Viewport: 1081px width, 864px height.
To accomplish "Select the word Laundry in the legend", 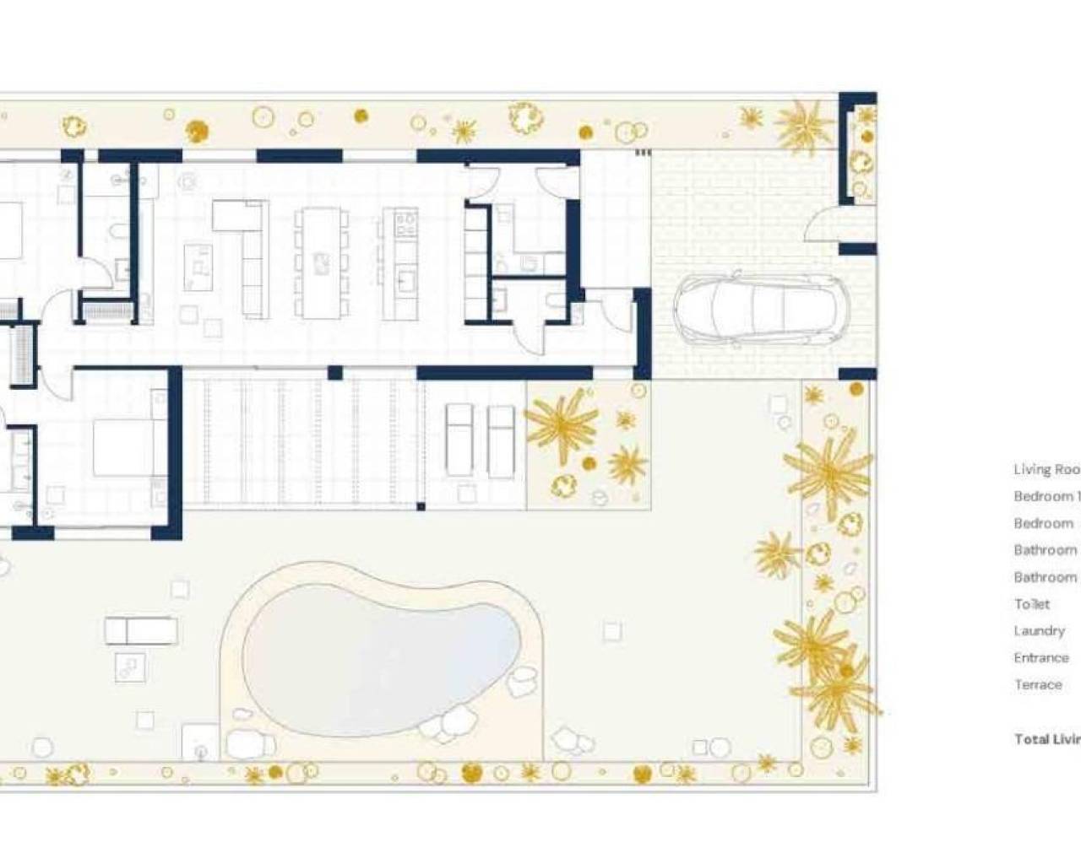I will pos(1039,631).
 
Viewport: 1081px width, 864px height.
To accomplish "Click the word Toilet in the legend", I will pos(1032,604).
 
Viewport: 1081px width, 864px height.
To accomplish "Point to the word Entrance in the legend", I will pos(1041,658).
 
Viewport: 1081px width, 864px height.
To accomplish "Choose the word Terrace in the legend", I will pos(1038,685).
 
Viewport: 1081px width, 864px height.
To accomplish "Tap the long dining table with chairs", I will pos(319,262).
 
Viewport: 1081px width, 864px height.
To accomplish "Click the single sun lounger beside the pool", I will pos(141,630).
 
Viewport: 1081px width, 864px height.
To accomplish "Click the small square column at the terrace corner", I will pos(421,506).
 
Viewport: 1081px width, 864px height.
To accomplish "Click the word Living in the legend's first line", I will pos(1031,470).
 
